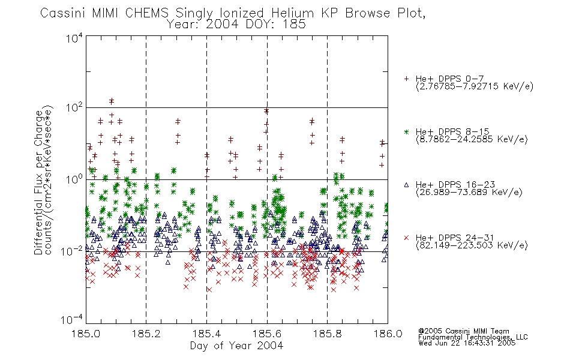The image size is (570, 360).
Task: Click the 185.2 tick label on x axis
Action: pyautogui.click(x=146, y=334)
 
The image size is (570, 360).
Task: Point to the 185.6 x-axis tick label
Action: pyautogui.click(x=267, y=334)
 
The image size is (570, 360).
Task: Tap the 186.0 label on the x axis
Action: pyautogui.click(x=388, y=334)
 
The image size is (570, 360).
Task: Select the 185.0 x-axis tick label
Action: pyautogui.click(x=86, y=334)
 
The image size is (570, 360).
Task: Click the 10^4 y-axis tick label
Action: pyautogui.click(x=74, y=38)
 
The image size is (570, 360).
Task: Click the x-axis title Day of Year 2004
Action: pyautogui.click(x=236, y=346)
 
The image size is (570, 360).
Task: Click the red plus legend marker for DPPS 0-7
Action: pyautogui.click(x=406, y=79)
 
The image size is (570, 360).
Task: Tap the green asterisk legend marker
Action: pyautogui.click(x=406, y=131)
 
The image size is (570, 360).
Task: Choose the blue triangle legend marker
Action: pyautogui.click(x=406, y=185)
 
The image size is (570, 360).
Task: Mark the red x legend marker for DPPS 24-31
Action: pyautogui.click(x=406, y=238)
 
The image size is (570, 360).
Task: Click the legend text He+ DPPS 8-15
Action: pyautogui.click(x=452, y=131)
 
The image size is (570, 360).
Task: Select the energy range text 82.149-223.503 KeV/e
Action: pyautogui.click(x=472, y=245)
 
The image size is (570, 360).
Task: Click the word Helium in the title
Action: pyautogui.click(x=292, y=13)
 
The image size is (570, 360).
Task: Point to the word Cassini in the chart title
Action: pyautogui.click(x=63, y=13)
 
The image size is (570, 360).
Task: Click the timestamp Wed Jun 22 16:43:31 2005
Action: pyautogui.click(x=467, y=343)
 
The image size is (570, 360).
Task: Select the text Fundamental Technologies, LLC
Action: pyautogui.click(x=473, y=337)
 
